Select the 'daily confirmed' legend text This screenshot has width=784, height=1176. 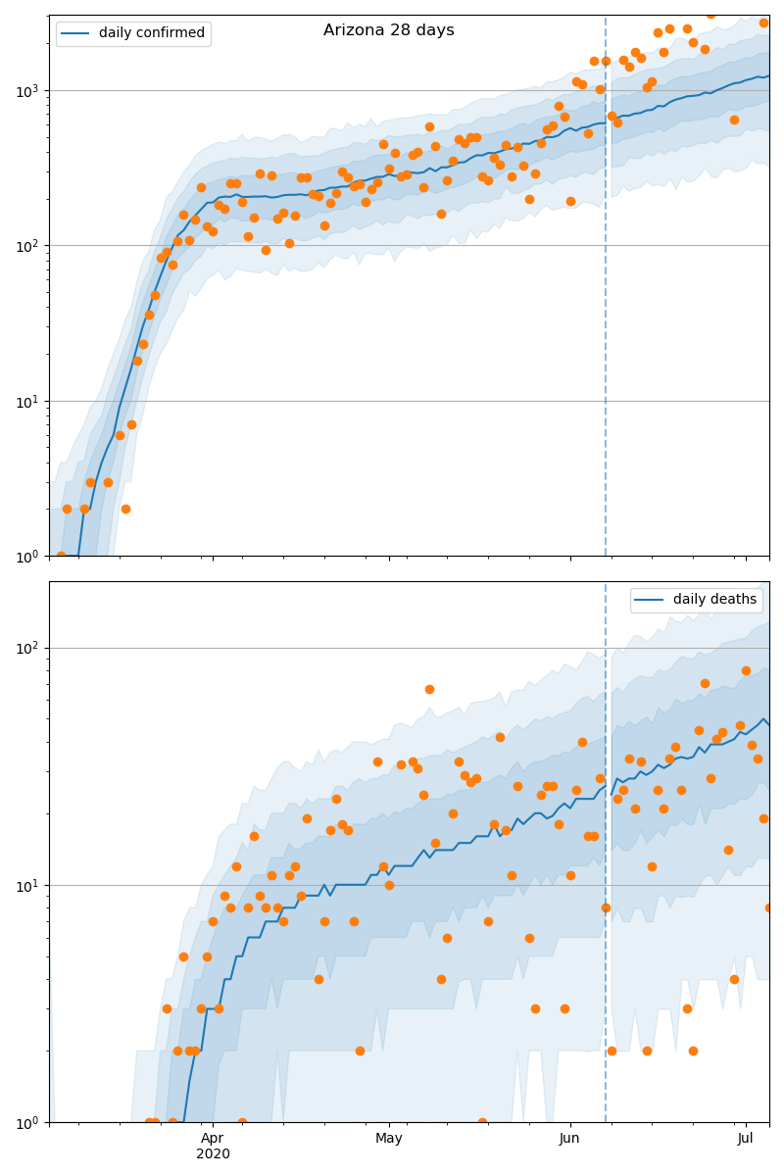pyautogui.click(x=152, y=33)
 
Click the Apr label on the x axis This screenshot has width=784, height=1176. pyautogui.click(x=213, y=1139)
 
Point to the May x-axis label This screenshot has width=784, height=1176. pyautogui.click(x=389, y=1139)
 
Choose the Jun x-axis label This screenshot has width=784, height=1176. pyautogui.click(x=570, y=1139)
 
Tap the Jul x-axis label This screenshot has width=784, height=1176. pyautogui.click(x=746, y=1139)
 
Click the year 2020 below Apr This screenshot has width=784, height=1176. pyautogui.click(x=213, y=1154)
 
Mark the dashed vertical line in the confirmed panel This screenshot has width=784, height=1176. pyautogui.click(x=606, y=294)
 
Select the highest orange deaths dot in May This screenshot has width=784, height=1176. pyautogui.click(x=429, y=689)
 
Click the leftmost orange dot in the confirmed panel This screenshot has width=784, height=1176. pyautogui.click(x=61, y=556)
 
